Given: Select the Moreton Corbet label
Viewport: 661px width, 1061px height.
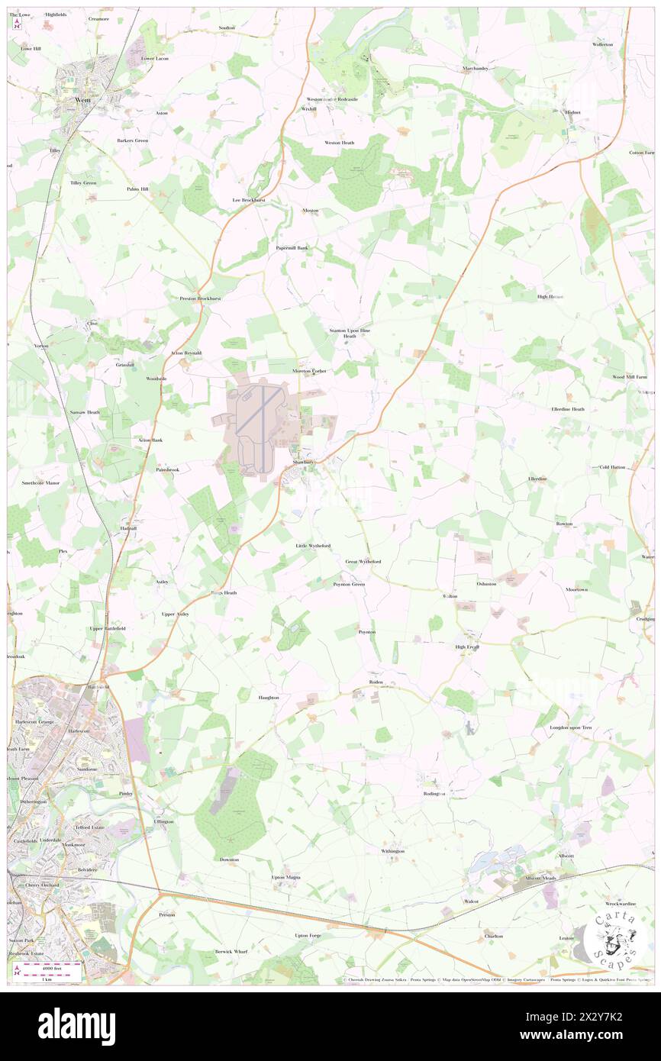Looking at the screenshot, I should point(309,371).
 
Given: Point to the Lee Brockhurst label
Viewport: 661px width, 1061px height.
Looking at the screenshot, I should point(248,200).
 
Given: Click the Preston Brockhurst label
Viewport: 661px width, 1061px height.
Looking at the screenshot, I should point(200,298).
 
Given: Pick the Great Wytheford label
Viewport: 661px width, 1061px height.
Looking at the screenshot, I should point(363,561).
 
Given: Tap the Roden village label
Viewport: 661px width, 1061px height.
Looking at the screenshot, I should point(375,681).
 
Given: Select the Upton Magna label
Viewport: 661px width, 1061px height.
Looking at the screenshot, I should point(286,877).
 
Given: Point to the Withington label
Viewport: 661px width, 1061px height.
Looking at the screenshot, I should point(393,850).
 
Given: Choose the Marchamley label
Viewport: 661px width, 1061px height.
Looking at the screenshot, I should point(475,68).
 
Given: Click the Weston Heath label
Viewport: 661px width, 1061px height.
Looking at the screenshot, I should point(339,143).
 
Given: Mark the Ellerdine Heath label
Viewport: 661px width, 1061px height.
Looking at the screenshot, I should point(568,409).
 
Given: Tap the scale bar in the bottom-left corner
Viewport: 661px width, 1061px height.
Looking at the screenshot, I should point(53,971).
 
